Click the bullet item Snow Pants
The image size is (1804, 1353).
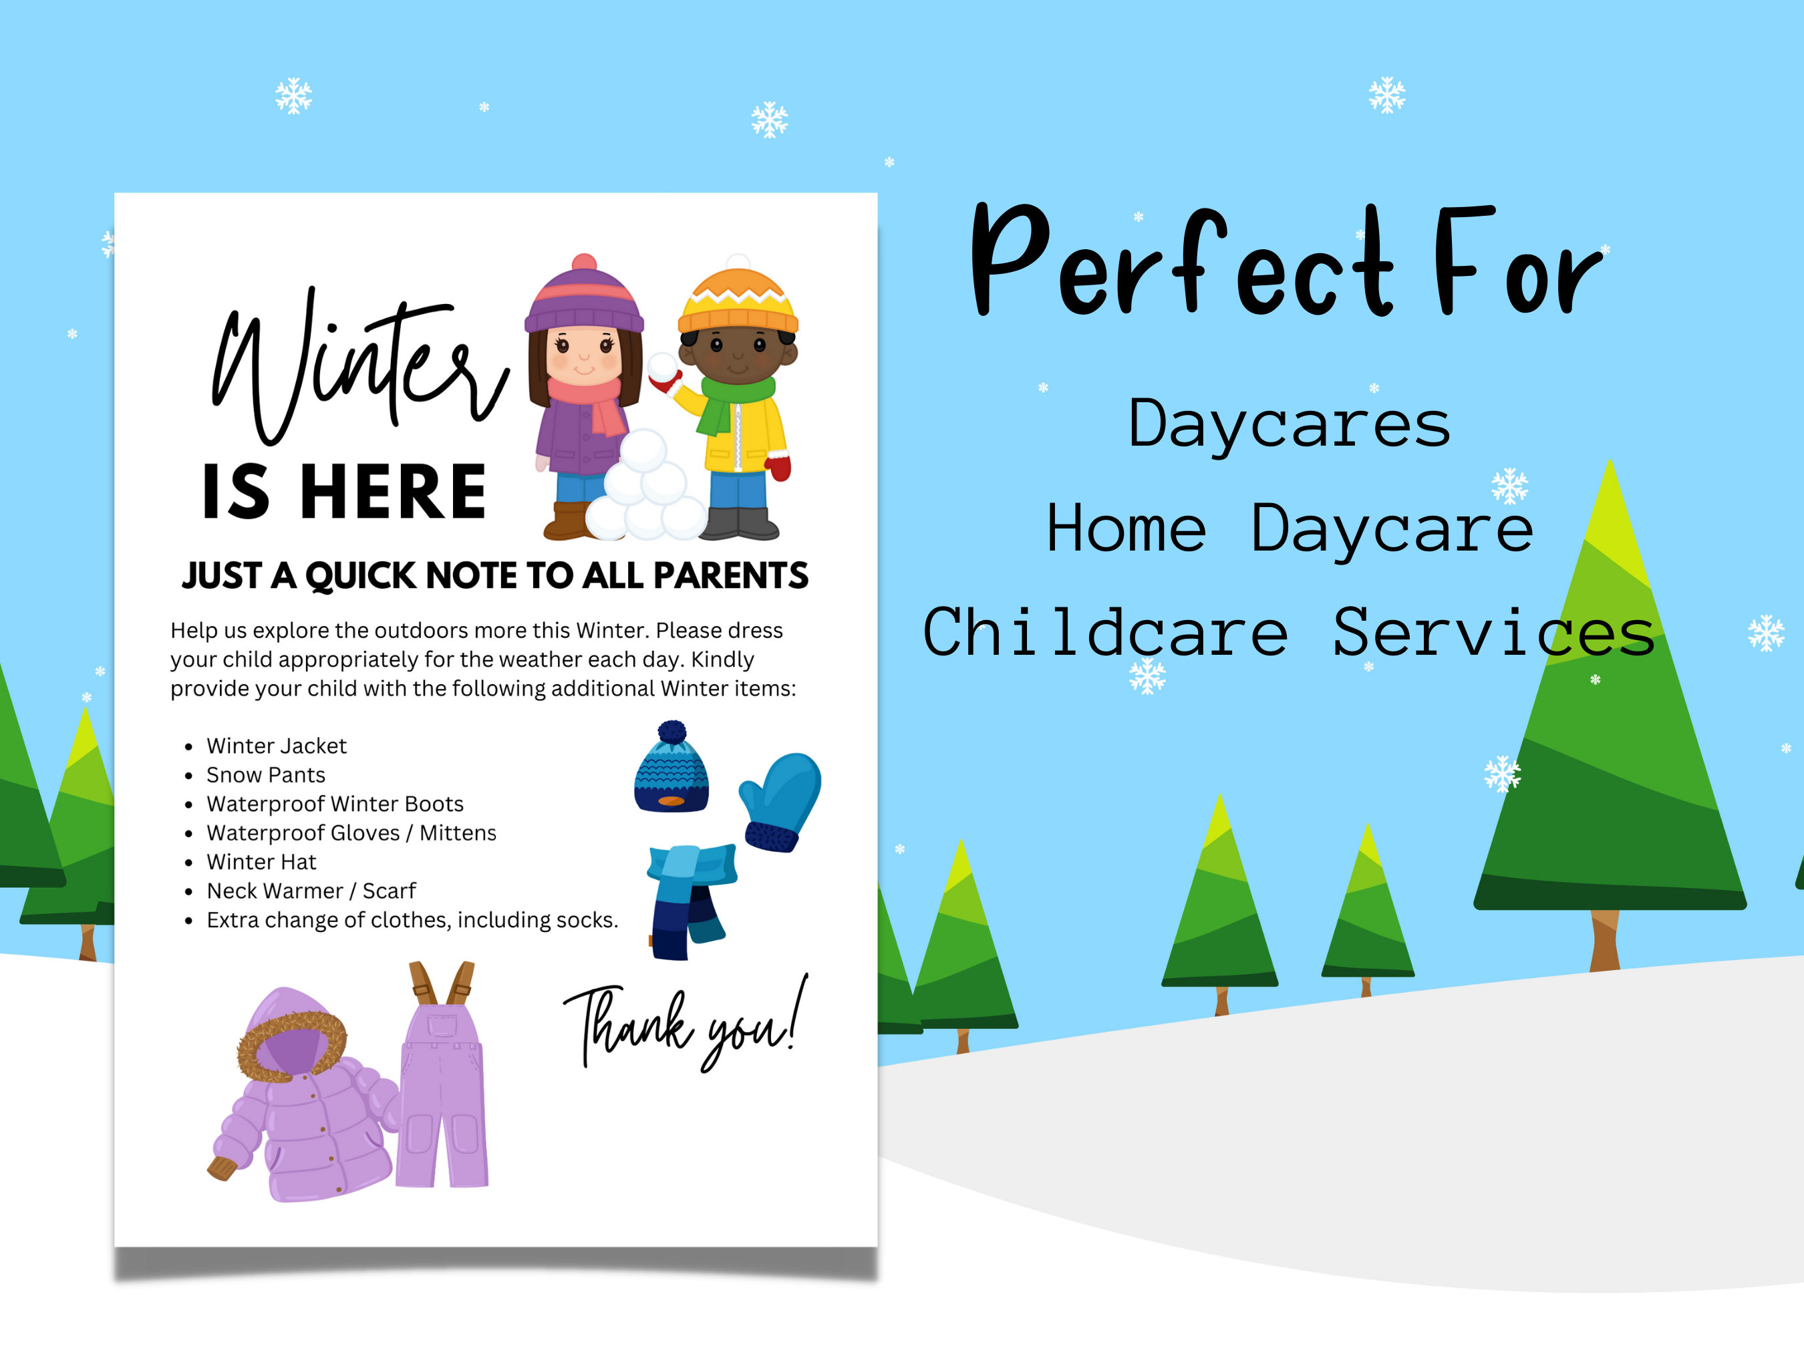pyautogui.click(x=266, y=775)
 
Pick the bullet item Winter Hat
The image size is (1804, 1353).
pyautogui.click(x=261, y=862)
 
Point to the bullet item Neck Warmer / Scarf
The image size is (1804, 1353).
pyautogui.click(x=311, y=891)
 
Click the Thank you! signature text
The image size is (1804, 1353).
pyautogui.click(x=685, y=1024)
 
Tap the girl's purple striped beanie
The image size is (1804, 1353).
pyautogui.click(x=584, y=299)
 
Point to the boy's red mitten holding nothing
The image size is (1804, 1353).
pyautogui.click(x=779, y=467)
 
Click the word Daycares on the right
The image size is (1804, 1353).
pyautogui.click(x=1290, y=424)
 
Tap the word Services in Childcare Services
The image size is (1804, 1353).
pyautogui.click(x=1493, y=633)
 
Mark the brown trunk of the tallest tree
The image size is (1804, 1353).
pyautogui.click(x=1605, y=939)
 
